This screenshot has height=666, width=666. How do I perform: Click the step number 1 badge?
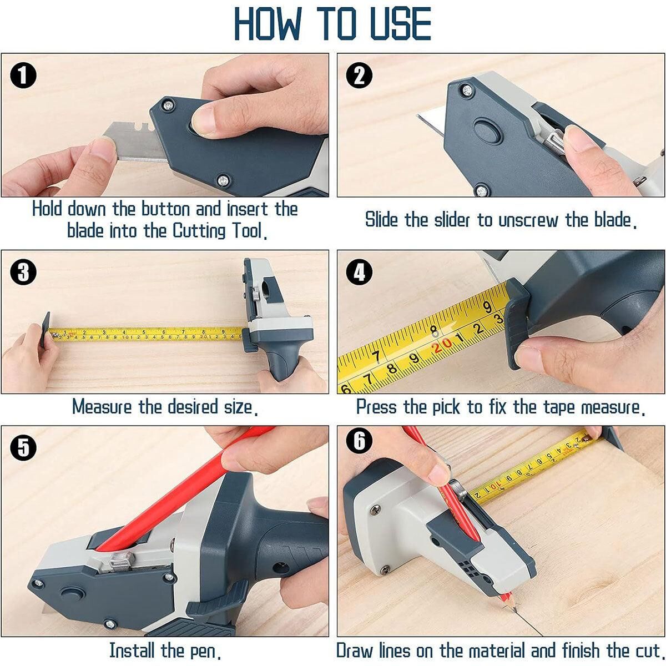pos(23,75)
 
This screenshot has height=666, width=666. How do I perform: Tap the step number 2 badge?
pos(360,75)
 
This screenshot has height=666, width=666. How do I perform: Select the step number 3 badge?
pos(23,272)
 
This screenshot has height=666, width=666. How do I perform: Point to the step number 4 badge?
pos(360,272)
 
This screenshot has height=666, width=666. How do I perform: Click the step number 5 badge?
pos(23,447)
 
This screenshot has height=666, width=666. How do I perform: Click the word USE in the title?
pos(401,23)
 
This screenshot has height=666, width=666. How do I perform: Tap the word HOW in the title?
pos(267,23)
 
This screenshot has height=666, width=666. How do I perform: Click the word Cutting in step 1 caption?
pos(199,231)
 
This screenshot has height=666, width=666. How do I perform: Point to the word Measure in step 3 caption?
pos(102,406)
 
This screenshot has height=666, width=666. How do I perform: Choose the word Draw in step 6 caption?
pos(354,650)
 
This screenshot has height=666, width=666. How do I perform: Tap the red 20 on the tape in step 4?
pos(442,345)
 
